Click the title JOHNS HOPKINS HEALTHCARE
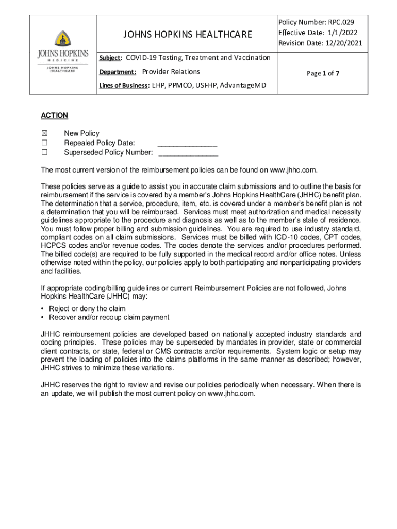point(188,35)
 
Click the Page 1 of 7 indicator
point(323,73)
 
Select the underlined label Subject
point(110,58)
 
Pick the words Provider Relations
point(171,72)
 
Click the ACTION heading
point(54,115)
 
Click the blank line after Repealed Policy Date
point(187,144)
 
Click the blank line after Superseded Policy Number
point(188,153)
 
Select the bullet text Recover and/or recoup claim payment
point(109,317)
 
